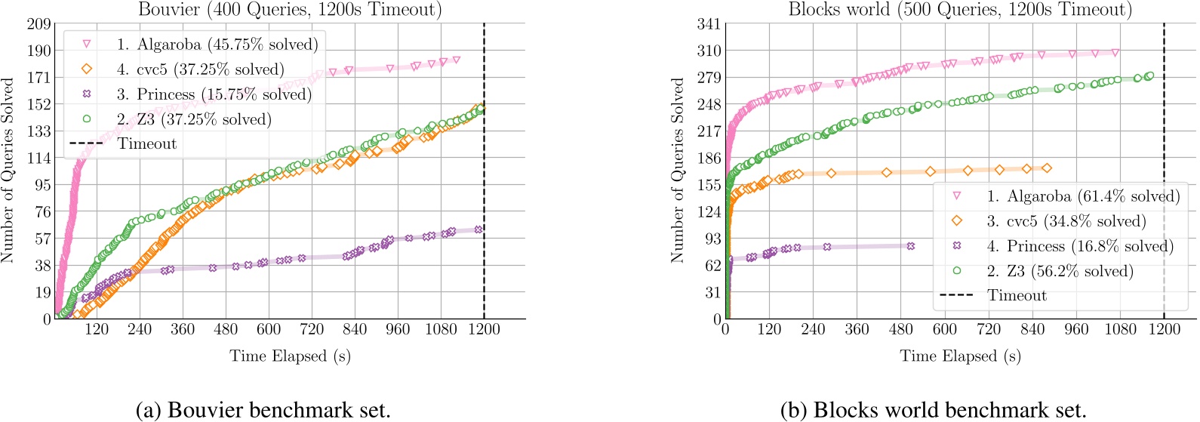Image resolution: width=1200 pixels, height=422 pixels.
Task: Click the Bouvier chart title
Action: tap(290, 10)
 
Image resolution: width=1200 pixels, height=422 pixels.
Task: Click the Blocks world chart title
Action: tap(960, 10)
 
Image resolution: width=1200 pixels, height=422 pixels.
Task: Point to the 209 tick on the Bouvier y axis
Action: tap(38, 24)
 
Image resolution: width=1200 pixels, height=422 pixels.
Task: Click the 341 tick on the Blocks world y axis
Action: tap(709, 24)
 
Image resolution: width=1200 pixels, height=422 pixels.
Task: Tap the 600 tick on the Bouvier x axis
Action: tap(269, 329)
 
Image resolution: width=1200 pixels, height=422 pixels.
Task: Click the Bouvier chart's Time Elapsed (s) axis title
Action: tap(290, 356)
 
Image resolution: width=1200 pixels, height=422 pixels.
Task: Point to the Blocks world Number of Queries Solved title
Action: tap(677, 170)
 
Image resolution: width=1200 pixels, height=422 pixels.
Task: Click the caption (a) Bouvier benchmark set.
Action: tap(263, 410)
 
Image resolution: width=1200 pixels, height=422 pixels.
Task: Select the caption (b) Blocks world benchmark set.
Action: tap(933, 410)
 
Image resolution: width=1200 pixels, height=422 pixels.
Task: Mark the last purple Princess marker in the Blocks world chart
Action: tap(911, 246)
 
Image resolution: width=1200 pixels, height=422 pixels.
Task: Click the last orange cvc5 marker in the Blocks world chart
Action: tap(1047, 168)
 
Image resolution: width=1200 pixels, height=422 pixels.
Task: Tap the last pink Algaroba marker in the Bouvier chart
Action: tap(456, 60)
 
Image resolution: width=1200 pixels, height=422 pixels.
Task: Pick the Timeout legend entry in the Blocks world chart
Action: tap(1017, 295)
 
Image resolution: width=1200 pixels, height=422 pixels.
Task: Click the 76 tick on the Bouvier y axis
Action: tap(42, 212)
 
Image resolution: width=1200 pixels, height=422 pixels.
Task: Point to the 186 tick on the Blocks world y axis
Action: tap(709, 159)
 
